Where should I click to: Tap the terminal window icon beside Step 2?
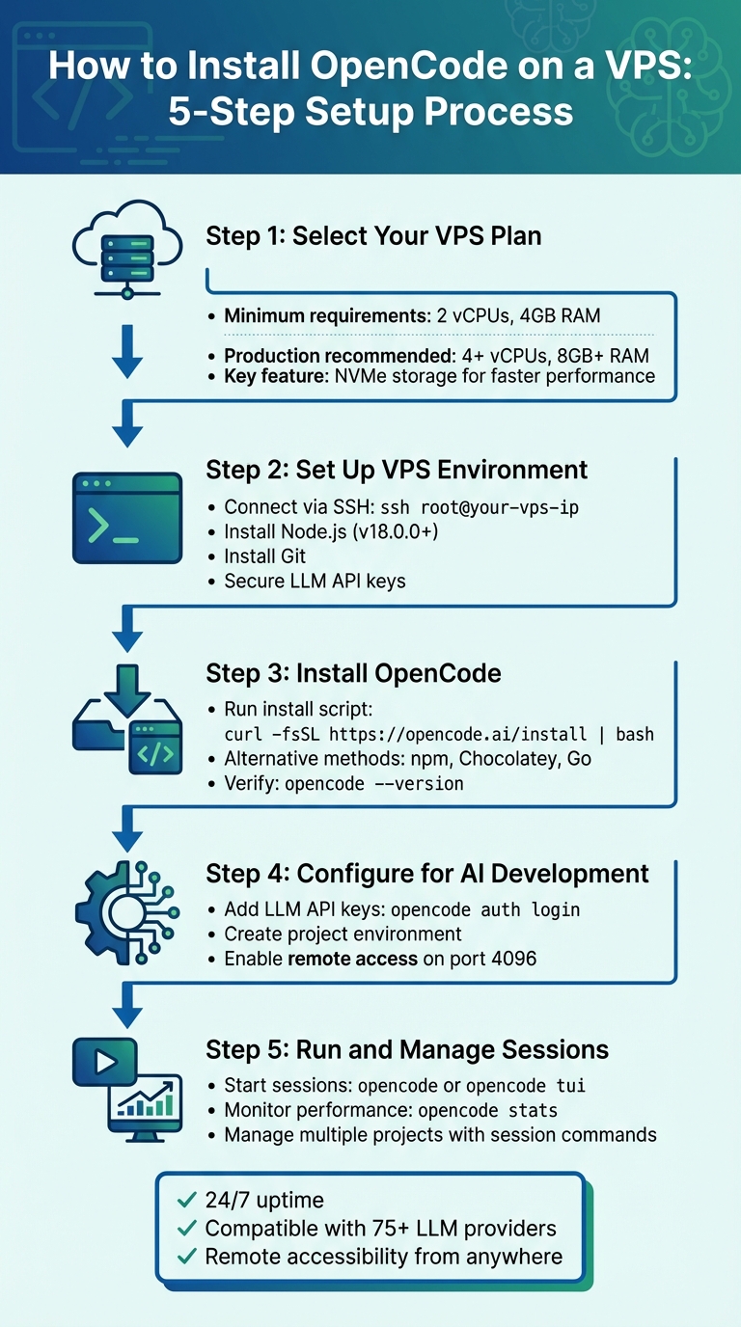coord(127,518)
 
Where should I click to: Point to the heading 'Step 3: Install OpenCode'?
coord(353,672)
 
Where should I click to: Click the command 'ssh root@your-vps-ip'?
coord(480,507)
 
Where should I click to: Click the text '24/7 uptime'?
coord(264,1201)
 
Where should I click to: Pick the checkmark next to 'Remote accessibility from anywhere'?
coord(187,1257)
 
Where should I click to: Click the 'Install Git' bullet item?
coord(265,556)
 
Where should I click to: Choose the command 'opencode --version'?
coord(374,784)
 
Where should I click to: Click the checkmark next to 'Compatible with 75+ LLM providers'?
coord(187,1229)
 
